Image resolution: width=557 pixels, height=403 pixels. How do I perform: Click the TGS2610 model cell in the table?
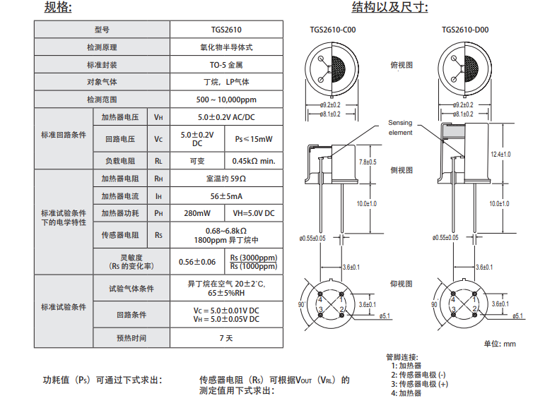click(226, 30)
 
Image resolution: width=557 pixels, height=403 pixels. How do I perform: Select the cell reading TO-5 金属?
click(226, 64)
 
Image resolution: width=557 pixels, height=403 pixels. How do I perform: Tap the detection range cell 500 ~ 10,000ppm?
click(226, 100)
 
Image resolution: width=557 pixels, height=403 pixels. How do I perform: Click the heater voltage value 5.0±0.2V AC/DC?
click(226, 117)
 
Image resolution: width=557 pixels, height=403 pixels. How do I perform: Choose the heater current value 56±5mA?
click(226, 196)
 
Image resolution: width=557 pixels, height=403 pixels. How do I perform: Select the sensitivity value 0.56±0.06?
click(197, 262)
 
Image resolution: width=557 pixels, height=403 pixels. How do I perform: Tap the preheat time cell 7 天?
click(226, 338)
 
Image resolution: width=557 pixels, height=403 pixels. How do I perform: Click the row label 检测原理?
click(102, 47)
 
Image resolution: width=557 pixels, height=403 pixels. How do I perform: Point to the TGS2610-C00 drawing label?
click(335, 30)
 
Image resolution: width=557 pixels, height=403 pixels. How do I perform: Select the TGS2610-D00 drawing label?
click(465, 30)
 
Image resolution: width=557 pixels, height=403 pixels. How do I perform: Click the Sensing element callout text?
click(400, 128)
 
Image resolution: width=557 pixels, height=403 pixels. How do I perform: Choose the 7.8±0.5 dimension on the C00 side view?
click(368, 162)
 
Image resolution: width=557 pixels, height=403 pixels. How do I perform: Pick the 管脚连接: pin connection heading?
click(402, 356)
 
